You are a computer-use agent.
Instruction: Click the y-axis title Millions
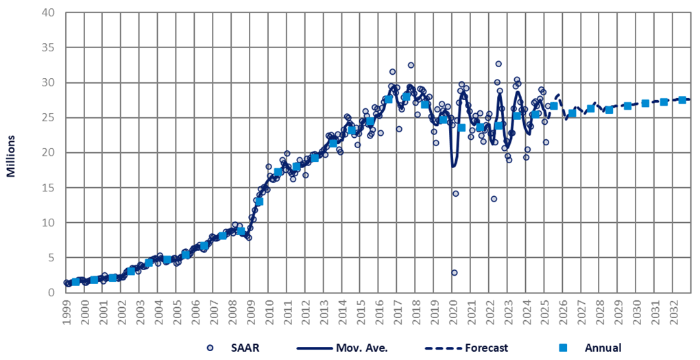click(x=11, y=152)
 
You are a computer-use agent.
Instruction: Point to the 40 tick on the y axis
click(x=48, y=13)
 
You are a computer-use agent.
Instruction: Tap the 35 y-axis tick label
click(x=48, y=48)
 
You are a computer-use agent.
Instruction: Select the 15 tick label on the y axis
click(x=48, y=188)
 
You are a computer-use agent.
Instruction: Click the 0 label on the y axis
click(x=51, y=293)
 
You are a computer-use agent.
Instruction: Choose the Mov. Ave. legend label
click(x=363, y=348)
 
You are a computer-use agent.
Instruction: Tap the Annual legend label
click(x=603, y=348)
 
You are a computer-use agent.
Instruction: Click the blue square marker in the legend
click(x=555, y=348)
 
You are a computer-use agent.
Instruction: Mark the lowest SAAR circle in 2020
click(x=454, y=272)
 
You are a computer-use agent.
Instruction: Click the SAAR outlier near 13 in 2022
click(x=494, y=199)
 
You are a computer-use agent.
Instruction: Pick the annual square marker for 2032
click(x=682, y=100)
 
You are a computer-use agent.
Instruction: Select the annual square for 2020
click(x=461, y=128)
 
